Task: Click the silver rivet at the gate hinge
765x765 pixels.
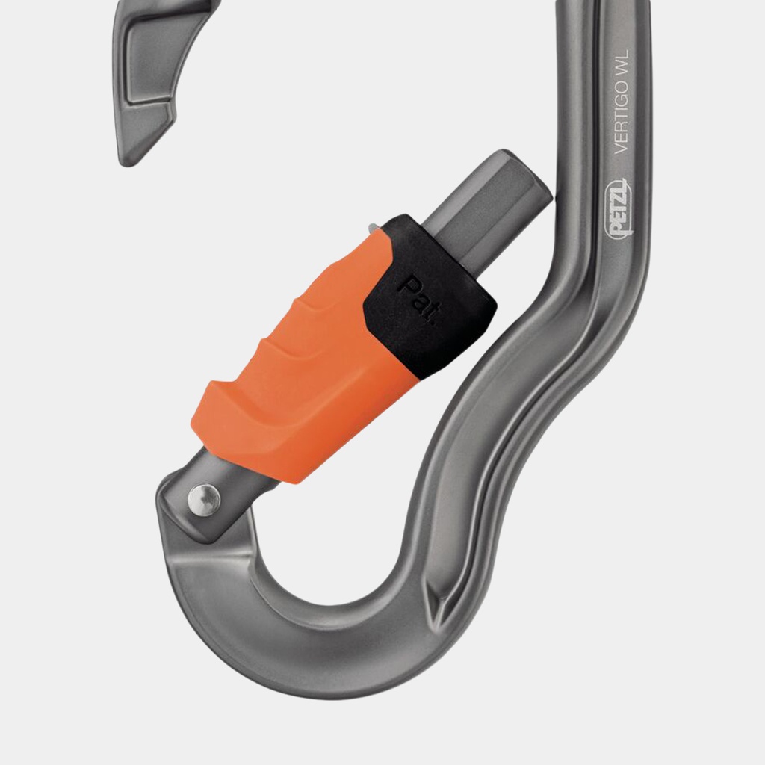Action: [x=204, y=500]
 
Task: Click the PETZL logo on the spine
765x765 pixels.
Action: [x=619, y=209]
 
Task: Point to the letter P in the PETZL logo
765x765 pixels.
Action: [x=619, y=231]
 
